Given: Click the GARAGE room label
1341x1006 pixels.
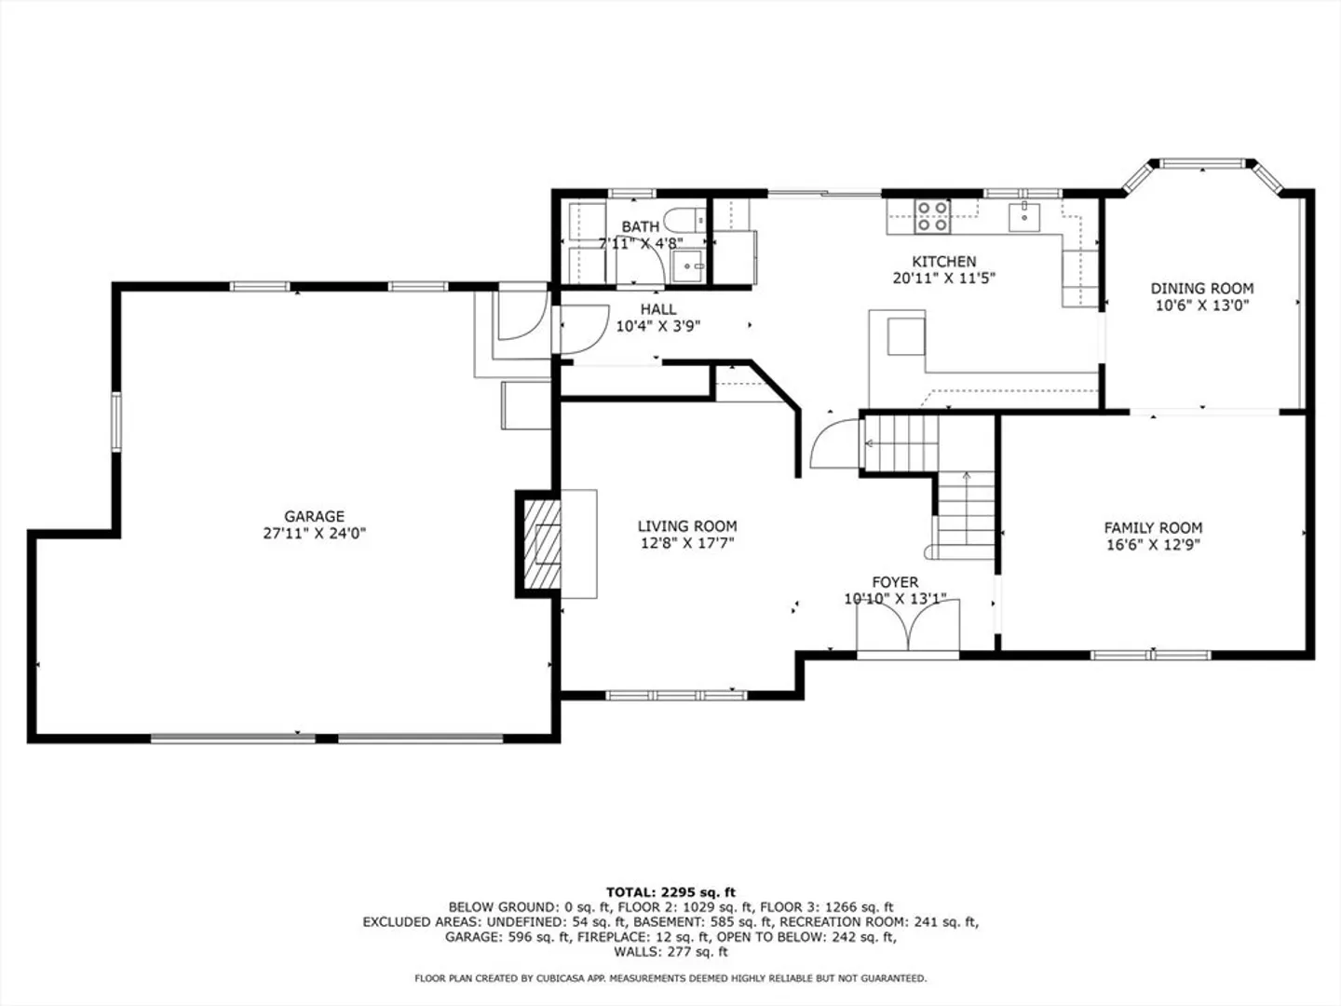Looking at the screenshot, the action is pyautogui.click(x=314, y=516).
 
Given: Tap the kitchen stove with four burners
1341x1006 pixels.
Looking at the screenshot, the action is pyautogui.click(x=932, y=216).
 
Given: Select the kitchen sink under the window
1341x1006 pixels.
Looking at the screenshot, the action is pyautogui.click(x=1024, y=217).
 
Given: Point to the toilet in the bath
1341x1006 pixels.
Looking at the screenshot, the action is pyautogui.click(x=684, y=220).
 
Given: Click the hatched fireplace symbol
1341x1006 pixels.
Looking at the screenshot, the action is pyautogui.click(x=542, y=544).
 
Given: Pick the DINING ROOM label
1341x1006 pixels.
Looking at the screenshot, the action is pyautogui.click(x=1201, y=289).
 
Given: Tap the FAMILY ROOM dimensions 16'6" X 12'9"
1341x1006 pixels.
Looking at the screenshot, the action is pyautogui.click(x=1154, y=544).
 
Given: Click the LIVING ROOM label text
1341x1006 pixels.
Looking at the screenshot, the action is pyautogui.click(x=687, y=526).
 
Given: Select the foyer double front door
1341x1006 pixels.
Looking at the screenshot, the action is pyautogui.click(x=908, y=625).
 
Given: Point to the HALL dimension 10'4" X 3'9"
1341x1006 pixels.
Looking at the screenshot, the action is pyautogui.click(x=658, y=326).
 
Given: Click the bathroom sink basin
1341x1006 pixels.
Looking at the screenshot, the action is pyautogui.click(x=688, y=266).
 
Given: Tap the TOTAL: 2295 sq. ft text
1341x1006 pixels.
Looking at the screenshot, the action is pyautogui.click(x=670, y=892).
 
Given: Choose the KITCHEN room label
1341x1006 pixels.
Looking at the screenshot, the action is pyautogui.click(x=944, y=262).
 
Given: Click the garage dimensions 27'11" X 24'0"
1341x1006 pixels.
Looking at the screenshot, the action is pyautogui.click(x=314, y=533).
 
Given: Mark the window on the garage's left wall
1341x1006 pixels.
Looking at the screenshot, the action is pyautogui.click(x=116, y=422).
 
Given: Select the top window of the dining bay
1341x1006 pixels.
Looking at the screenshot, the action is pyautogui.click(x=1201, y=163).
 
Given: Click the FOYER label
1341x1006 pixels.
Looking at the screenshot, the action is pyautogui.click(x=895, y=582).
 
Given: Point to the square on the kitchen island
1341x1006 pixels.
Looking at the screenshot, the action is pyautogui.click(x=906, y=336).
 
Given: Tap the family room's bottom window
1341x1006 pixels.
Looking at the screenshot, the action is pyautogui.click(x=1151, y=656).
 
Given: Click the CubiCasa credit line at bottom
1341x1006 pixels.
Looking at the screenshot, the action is pyautogui.click(x=670, y=978).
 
